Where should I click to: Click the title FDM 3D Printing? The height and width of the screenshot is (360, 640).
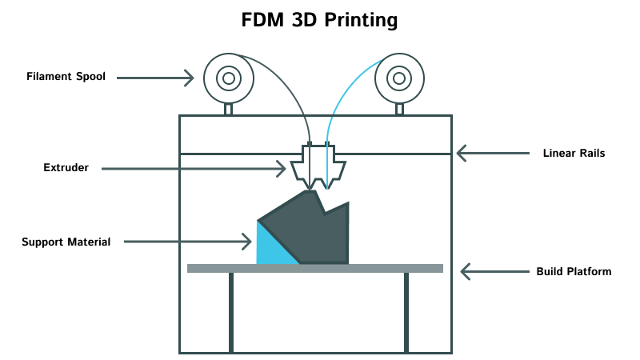pos(319,20)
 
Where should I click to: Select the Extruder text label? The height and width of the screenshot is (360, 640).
pos(66,168)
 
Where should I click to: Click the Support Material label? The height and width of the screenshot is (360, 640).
pos(66,241)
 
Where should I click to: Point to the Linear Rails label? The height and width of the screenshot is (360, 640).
pos(574,152)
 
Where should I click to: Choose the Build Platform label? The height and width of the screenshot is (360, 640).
pos(574,271)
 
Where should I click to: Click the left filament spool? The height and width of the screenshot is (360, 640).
pos(229,78)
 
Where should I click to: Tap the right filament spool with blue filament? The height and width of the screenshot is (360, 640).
pos(398,78)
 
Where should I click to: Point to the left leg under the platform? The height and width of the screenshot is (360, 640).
pos(231,312)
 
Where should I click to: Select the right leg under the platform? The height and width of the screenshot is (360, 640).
pos(406,312)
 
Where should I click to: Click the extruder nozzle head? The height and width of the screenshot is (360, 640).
pos(318,168)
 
